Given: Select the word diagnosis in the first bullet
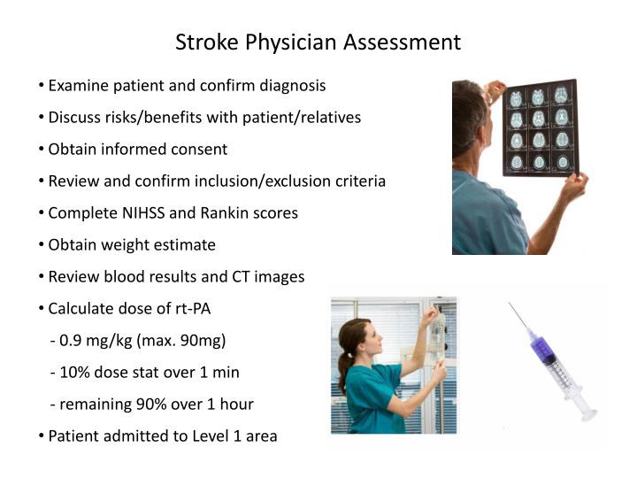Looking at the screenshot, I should coord(289,86).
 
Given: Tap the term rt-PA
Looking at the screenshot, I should coord(190,309).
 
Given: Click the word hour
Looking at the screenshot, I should coord(235,405).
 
